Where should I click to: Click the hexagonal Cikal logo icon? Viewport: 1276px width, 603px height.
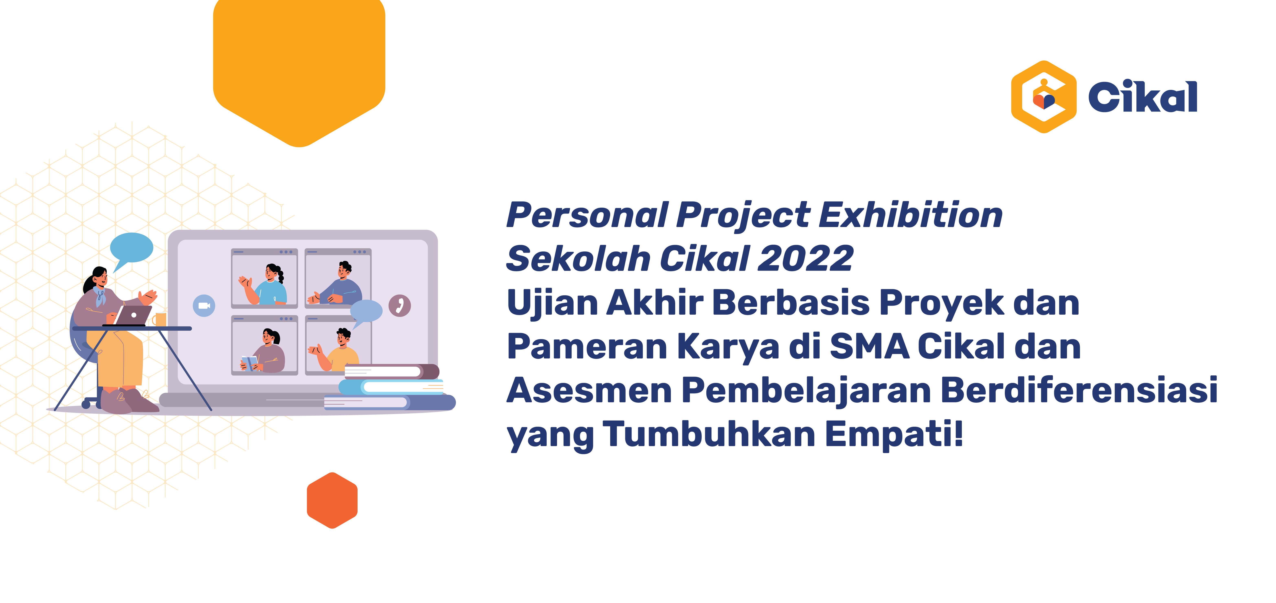[1044, 97]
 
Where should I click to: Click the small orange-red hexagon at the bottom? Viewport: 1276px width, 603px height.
[332, 500]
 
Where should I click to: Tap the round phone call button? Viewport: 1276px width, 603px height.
[400, 306]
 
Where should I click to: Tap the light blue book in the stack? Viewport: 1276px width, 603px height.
[391, 386]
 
